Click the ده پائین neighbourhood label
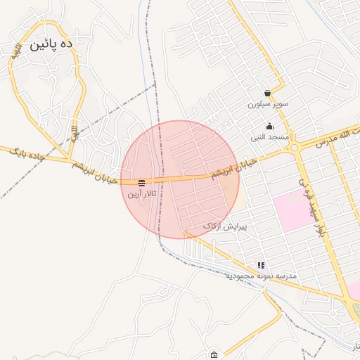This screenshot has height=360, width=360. click(51, 45)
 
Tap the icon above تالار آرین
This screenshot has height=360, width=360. click(142, 182)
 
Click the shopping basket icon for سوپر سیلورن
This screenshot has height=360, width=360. click(267, 93)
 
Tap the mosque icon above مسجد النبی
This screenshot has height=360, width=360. click(269, 127)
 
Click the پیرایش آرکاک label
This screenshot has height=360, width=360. click(221, 226)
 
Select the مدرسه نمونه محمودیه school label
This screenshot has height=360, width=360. click(261, 276)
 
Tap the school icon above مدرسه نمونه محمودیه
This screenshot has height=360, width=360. click(261, 266)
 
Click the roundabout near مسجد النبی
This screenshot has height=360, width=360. click(294, 148)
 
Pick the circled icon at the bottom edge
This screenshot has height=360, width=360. click(214, 354)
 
